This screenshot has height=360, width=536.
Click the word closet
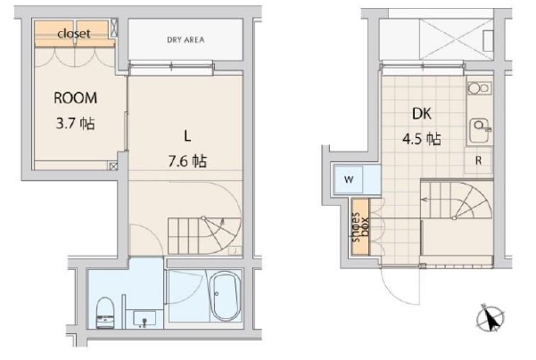point(74,34)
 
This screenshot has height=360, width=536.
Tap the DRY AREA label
point(186,39)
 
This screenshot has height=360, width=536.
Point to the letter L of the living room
point(187,136)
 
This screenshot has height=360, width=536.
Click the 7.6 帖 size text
point(187,161)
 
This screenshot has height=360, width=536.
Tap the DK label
point(422,114)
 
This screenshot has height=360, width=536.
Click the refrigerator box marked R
point(479,161)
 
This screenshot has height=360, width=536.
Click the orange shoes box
point(359,227)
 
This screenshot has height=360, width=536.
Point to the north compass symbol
point(491,317)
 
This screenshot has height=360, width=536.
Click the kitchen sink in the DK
point(480,126)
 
